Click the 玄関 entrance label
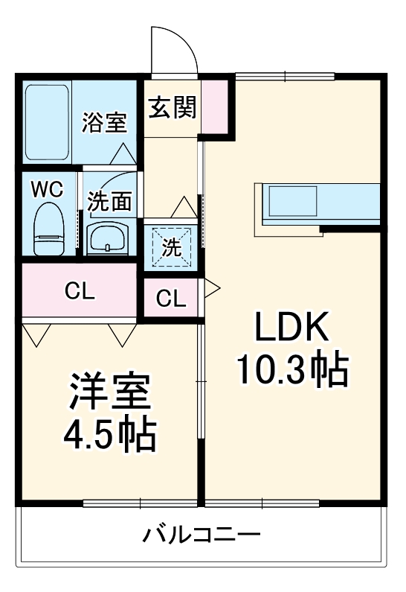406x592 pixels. point(171,108)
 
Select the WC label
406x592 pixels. point(47,187)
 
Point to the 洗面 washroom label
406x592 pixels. point(110,201)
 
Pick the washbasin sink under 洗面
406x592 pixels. point(109,238)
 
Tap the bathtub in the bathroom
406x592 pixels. point(48,124)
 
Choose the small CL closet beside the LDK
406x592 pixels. point(171,299)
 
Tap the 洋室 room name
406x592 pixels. point(109,392)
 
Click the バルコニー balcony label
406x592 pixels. point(202,535)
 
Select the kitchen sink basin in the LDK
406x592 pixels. point(293,200)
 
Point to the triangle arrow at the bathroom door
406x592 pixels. point(123,154)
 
